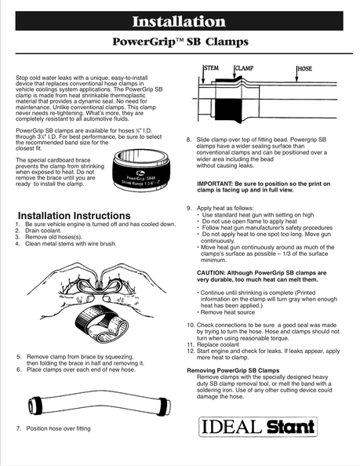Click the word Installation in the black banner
(179, 21)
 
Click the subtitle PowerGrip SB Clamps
(180, 42)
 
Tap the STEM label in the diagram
(211, 68)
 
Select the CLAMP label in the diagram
(244, 68)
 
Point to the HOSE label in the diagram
(305, 69)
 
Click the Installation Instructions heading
(75, 216)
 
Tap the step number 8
(189, 140)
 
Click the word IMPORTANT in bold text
(213, 184)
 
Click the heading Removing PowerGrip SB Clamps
(233, 370)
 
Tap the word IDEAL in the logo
(232, 427)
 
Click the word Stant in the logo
(290, 427)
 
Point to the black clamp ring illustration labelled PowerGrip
(141, 170)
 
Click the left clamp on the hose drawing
(37, 405)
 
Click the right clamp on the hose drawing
(162, 406)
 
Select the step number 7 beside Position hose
(19, 428)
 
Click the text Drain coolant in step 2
(43, 231)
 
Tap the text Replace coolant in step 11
(218, 344)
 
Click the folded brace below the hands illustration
(102, 325)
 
